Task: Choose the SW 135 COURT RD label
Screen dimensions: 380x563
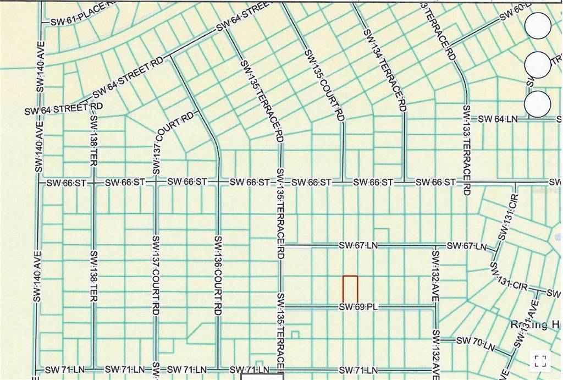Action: pos(324,86)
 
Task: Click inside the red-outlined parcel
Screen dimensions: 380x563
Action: pos(350,289)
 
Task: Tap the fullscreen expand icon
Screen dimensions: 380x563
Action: pos(540,361)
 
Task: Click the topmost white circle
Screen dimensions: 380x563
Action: pos(537,26)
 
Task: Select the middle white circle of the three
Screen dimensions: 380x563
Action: pos(537,65)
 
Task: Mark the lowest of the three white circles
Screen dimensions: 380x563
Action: pos(537,104)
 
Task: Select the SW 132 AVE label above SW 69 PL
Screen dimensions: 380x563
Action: pos(435,275)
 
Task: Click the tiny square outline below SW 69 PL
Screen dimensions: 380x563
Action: pos(295,334)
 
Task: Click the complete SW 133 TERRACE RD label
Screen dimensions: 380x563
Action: pos(467,150)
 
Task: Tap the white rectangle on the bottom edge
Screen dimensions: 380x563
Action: pos(262,377)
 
